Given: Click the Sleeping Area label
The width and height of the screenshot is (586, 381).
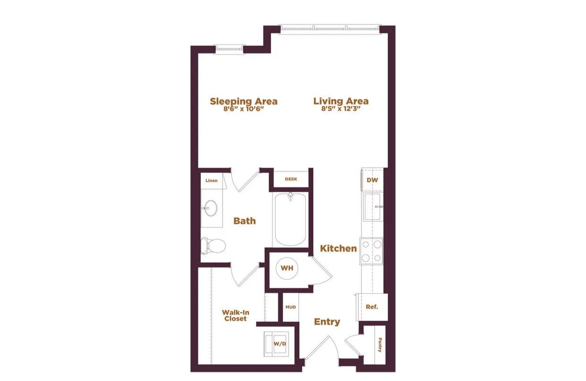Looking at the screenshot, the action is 243,101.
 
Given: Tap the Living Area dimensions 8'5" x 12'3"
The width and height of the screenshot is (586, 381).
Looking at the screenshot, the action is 341,109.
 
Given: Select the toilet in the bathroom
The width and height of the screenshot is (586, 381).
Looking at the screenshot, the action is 213,246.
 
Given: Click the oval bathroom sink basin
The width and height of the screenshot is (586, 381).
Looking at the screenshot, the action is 211,208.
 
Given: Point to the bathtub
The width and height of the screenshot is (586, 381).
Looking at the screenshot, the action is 290,220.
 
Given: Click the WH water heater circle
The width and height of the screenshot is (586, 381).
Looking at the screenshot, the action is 287,268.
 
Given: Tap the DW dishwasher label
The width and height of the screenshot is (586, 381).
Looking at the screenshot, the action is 372,180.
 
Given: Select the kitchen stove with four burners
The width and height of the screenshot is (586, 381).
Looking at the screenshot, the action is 371,251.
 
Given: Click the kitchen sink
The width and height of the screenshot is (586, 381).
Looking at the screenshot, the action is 373,207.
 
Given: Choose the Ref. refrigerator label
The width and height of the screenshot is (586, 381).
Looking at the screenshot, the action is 372,307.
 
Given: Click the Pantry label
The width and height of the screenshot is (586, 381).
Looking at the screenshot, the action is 380,345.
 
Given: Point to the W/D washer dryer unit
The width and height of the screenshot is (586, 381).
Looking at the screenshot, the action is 276,344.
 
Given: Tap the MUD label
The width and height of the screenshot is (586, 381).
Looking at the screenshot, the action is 291,307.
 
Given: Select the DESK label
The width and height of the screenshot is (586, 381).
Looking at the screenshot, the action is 291,179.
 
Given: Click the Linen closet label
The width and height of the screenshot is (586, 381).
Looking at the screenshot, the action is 211,180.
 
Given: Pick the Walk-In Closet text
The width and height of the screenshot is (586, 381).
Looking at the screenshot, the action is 235,316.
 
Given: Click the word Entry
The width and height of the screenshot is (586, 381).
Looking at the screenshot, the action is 327,322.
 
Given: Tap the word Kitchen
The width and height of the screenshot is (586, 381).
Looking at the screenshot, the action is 338,248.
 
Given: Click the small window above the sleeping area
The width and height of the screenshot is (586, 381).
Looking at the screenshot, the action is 229,49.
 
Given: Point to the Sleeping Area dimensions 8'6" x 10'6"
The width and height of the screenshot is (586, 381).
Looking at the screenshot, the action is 243,109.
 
